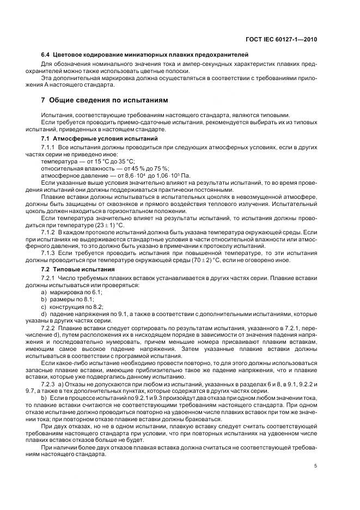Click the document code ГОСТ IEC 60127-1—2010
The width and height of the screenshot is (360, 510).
point(283,40)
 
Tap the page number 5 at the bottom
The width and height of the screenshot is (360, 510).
point(316,466)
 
